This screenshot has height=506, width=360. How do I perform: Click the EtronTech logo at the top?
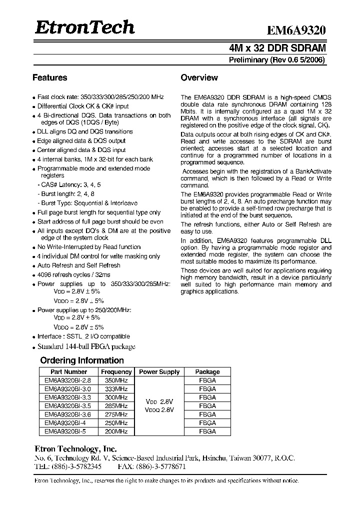coord(84,27)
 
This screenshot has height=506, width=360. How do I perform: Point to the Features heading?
coord(50,77)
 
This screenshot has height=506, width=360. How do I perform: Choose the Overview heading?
coord(199,77)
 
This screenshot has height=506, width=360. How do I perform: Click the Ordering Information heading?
coord(82,360)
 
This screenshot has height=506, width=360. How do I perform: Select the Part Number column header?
coord(69,372)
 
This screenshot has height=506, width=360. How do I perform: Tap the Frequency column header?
coord(116,372)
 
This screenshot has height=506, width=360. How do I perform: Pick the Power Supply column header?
coord(159,372)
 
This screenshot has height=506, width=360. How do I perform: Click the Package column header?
coord(207,372)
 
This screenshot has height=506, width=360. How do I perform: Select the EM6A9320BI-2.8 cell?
coord(69,380)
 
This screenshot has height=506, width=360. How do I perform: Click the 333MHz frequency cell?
coord(116,389)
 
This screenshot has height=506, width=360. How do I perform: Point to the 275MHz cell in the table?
coord(116,414)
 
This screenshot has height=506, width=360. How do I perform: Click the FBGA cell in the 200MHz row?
coord(207,431)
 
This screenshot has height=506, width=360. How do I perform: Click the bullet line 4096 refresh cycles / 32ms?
coord(74,274)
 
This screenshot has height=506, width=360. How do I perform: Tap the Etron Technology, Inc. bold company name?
coord(75,449)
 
